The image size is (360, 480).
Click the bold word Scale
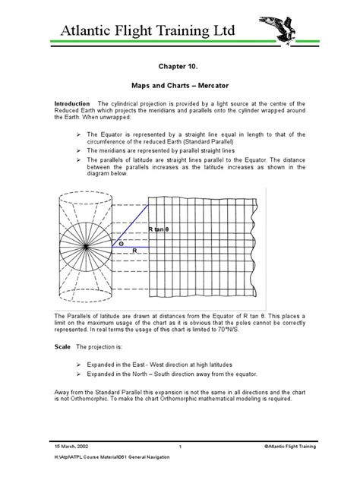tap(62, 345)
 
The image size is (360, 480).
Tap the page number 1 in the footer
tap(181, 447)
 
